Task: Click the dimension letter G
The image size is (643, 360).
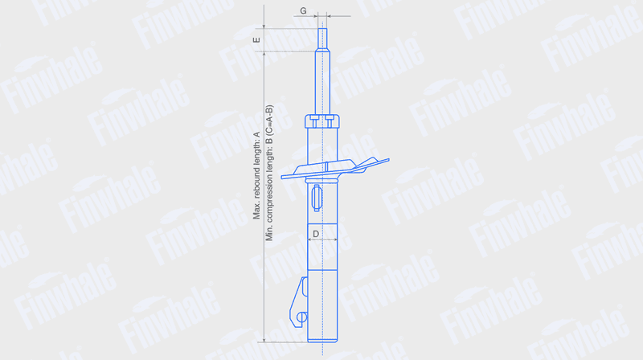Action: coord(303,10)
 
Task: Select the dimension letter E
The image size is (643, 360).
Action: coord(256,39)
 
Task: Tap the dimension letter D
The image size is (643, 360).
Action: coord(316,234)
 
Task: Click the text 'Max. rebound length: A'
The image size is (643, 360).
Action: coord(256,175)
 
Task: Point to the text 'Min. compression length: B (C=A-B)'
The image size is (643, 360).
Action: coord(269,173)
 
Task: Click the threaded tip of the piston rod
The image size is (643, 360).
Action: coord(322,39)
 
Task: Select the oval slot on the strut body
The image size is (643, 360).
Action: coord(317,198)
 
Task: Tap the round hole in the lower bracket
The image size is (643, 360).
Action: coord(302,317)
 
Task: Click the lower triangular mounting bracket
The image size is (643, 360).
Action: coord(299,302)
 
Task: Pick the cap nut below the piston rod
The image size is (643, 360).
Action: coord(322,121)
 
